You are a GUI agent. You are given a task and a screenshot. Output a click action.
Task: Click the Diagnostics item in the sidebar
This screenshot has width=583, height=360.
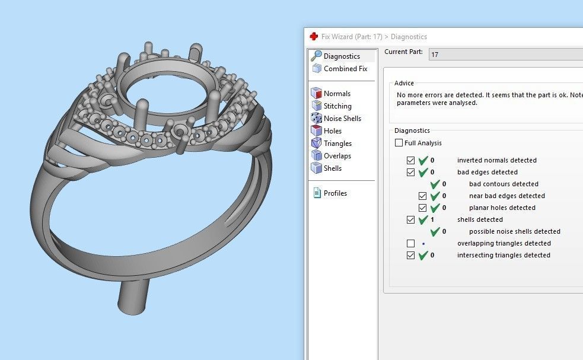pyautogui.click(x=342, y=56)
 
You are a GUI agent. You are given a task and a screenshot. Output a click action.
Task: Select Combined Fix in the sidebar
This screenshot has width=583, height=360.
pyautogui.click(x=345, y=69)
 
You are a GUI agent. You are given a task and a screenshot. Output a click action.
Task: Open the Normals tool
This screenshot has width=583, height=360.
pyautogui.click(x=337, y=94)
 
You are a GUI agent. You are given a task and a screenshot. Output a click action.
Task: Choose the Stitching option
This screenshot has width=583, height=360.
pyautogui.click(x=337, y=106)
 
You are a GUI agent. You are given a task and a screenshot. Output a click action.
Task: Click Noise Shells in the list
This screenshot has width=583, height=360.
pyautogui.click(x=342, y=119)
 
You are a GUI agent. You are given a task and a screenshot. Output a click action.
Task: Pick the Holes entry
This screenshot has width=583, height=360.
pyautogui.click(x=332, y=131)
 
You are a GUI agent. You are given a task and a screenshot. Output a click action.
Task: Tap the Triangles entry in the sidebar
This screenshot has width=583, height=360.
pyautogui.click(x=337, y=144)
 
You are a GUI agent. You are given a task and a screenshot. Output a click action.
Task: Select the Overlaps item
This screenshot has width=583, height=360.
pyautogui.click(x=337, y=156)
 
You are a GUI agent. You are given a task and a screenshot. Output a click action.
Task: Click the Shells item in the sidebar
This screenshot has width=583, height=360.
pyautogui.click(x=332, y=168)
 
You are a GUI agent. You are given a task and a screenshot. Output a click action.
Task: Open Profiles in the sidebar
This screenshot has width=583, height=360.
pyautogui.click(x=335, y=193)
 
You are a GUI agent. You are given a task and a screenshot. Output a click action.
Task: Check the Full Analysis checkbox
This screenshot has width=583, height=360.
pyautogui.click(x=399, y=143)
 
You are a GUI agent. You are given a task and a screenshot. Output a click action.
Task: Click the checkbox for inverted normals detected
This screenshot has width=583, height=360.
pyautogui.click(x=410, y=160)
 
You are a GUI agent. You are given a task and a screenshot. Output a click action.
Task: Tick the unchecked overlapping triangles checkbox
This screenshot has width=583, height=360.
pyautogui.click(x=410, y=243)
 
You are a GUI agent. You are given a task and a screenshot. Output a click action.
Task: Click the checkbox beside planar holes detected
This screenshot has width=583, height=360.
pyautogui.click(x=422, y=208)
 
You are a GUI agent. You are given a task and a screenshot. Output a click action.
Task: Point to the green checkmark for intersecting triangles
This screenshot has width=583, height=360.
pyautogui.click(x=423, y=255)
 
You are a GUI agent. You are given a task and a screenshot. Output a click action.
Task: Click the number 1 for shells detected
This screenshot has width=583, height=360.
pyautogui.click(x=432, y=219)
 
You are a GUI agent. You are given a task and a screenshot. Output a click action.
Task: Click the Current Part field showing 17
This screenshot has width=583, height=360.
pyautogui.click(x=504, y=54)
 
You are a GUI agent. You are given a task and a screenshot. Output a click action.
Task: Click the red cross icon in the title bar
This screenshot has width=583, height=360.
pyautogui.click(x=314, y=37)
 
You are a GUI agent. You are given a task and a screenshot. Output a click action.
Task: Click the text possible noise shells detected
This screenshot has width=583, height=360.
pyautogui.click(x=514, y=231)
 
